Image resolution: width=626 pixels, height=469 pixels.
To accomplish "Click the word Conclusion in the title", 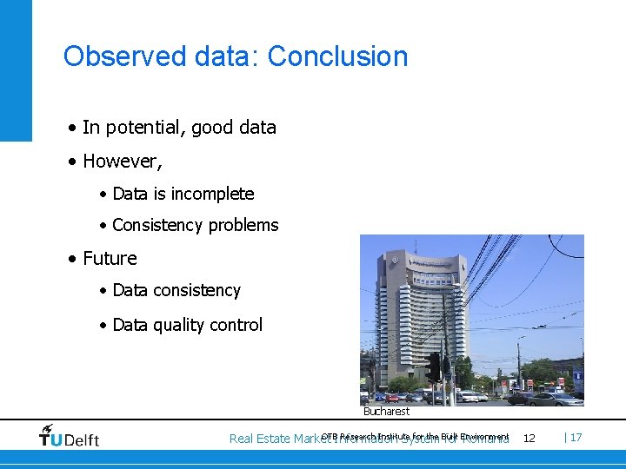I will [337, 56].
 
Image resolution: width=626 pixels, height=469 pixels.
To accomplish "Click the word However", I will [121, 162].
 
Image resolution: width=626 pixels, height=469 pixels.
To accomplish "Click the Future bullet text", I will [110, 259].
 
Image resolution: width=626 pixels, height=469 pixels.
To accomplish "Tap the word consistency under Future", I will [196, 290].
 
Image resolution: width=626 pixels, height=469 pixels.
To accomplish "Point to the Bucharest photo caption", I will [386, 411].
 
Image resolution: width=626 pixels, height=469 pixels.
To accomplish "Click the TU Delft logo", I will [69, 436].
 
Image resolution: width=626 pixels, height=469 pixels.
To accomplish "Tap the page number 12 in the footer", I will [529, 438].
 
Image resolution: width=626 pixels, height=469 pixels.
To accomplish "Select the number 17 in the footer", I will [576, 437].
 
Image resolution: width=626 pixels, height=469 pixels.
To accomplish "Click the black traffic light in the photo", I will [433, 367].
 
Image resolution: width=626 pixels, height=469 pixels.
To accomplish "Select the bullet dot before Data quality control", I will [103, 326].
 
